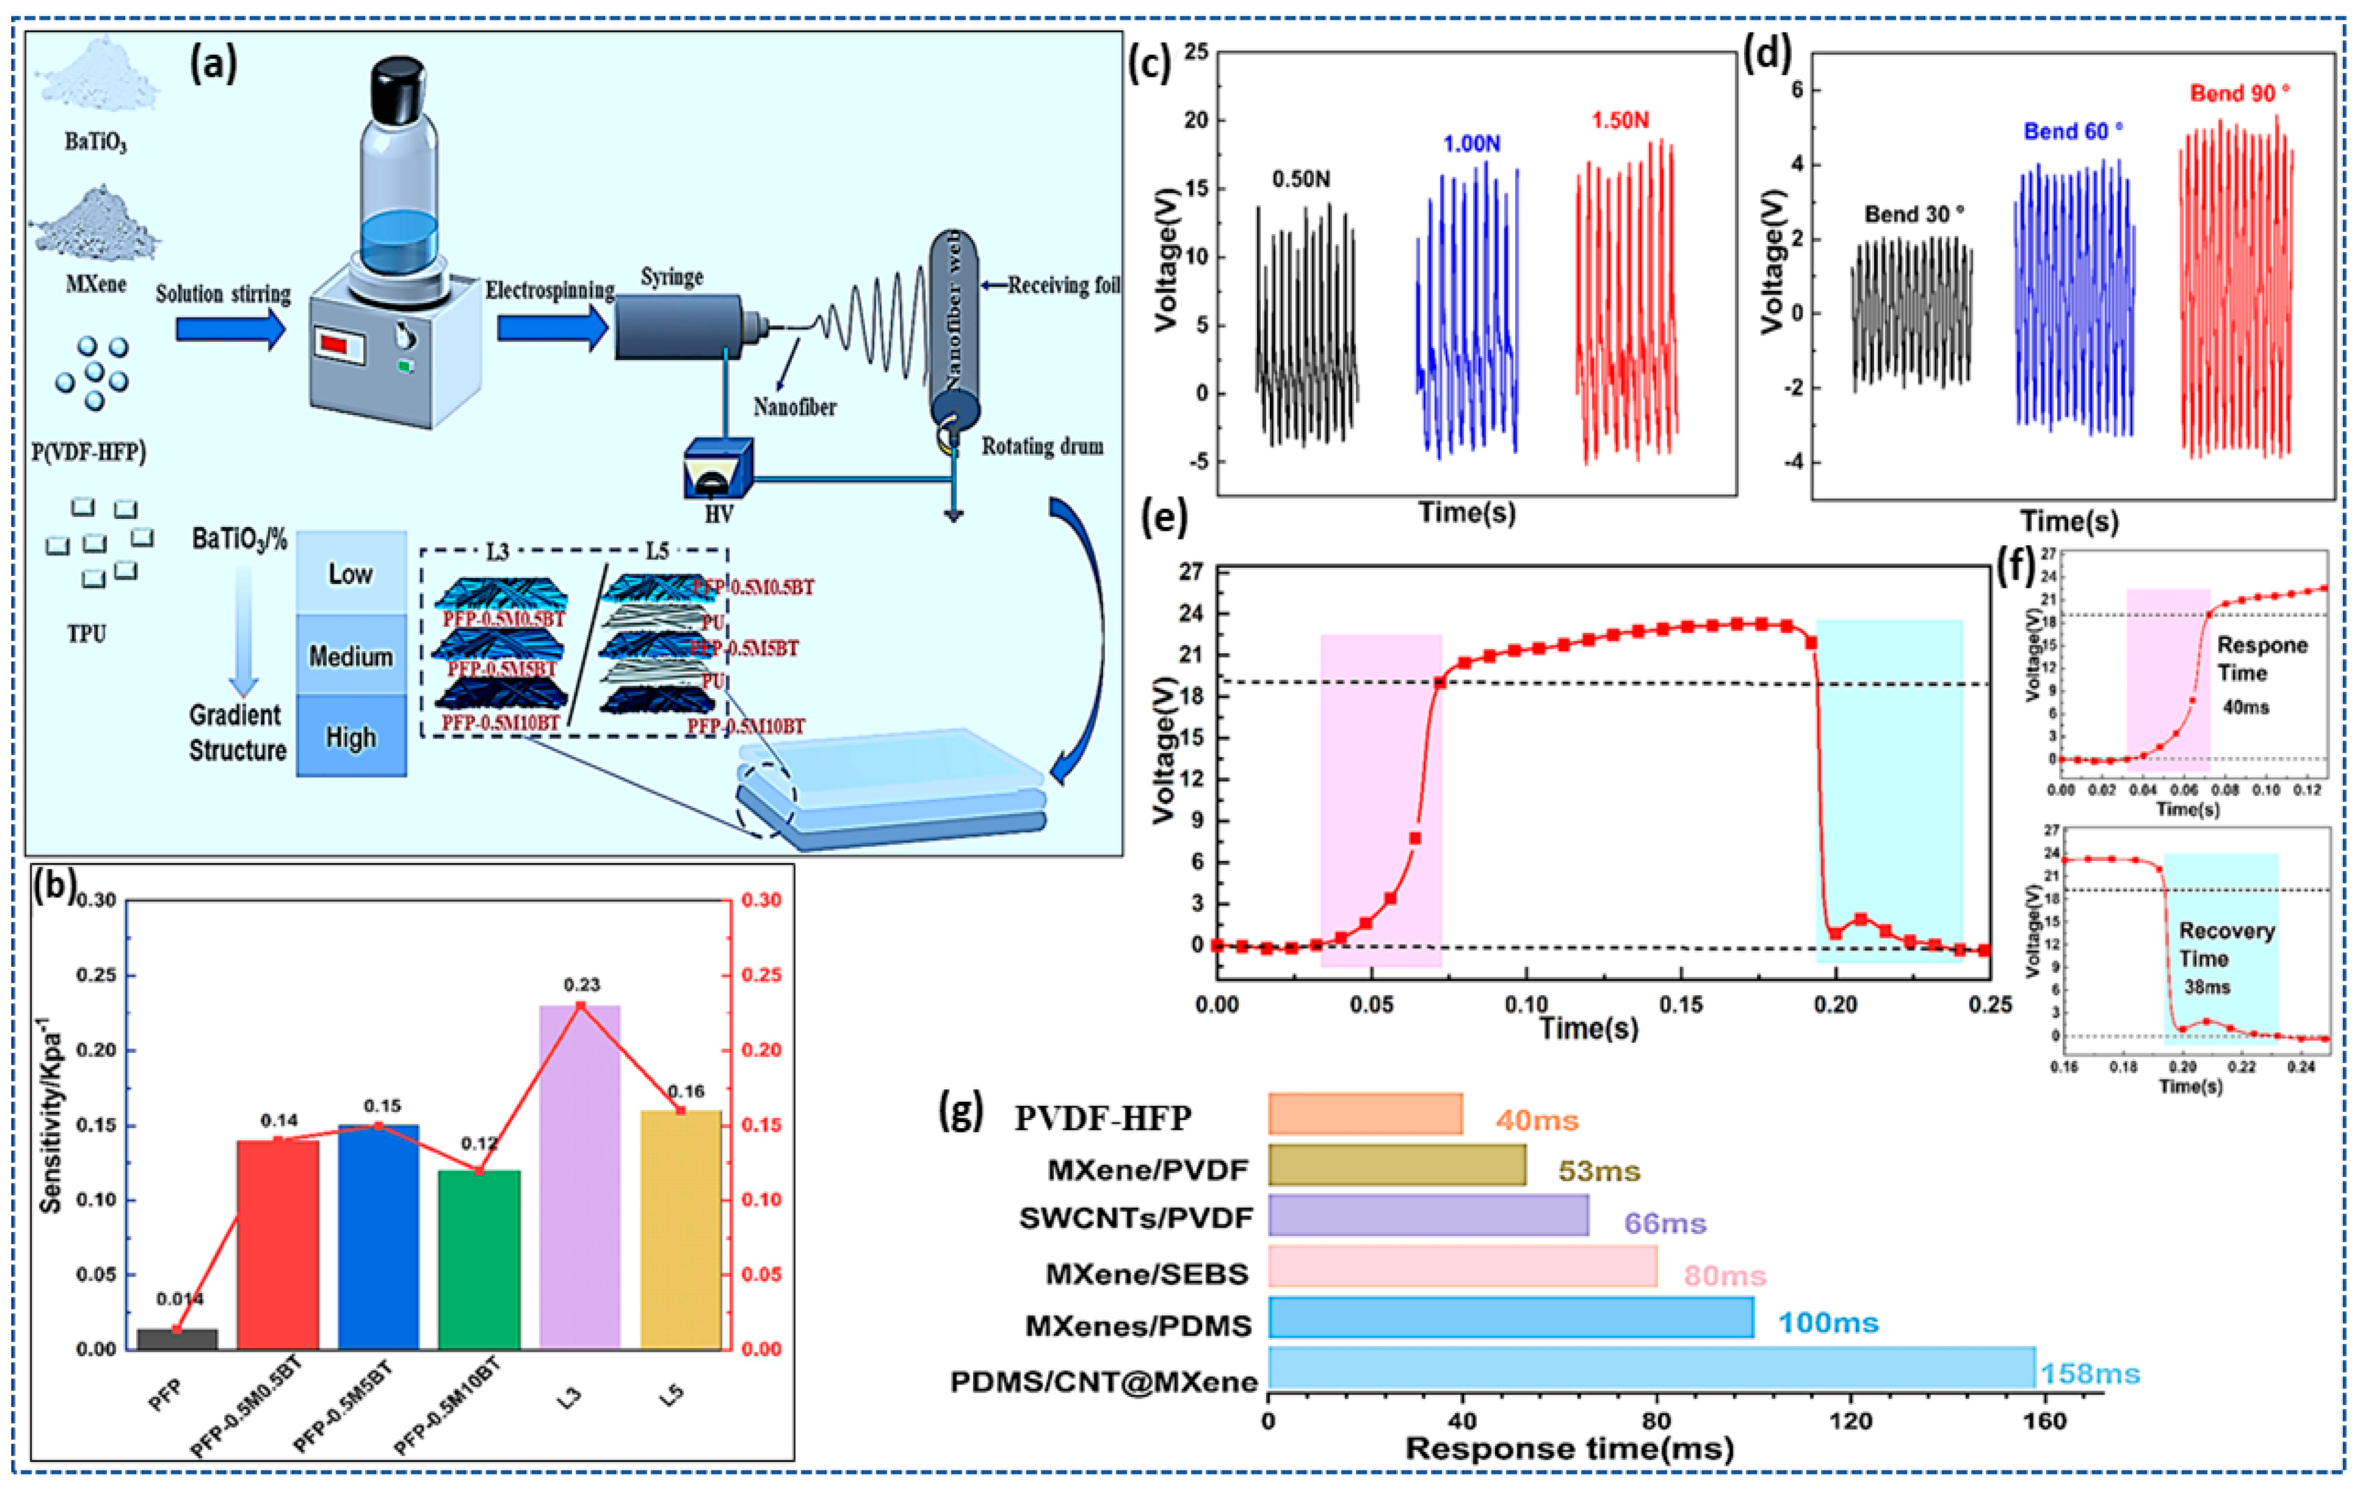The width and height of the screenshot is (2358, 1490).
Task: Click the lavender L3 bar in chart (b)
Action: (x=580, y=1175)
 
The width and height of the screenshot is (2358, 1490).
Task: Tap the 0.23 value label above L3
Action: (x=582, y=985)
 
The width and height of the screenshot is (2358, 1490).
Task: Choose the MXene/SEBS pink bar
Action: (x=1462, y=1266)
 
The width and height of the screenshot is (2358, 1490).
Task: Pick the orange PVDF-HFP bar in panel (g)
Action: (x=1365, y=1114)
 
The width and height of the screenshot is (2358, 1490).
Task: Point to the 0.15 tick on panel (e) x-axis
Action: (x=1681, y=1004)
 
